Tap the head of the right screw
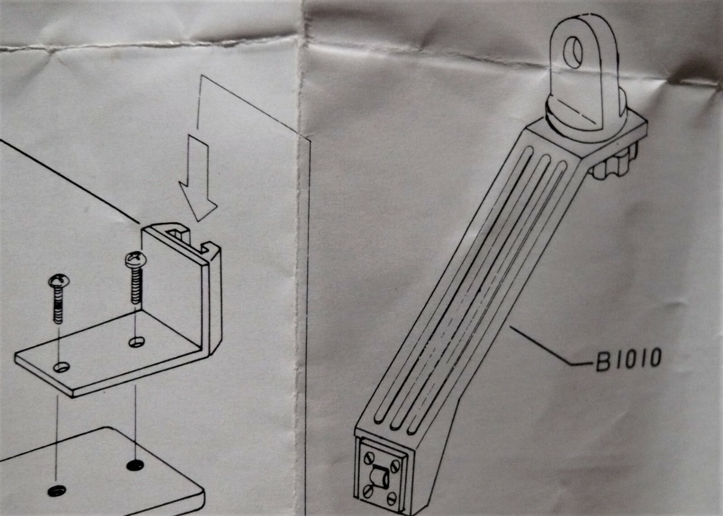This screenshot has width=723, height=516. point(134,260)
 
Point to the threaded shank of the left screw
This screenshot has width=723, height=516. point(58,305)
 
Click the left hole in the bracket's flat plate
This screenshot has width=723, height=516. point(61,367)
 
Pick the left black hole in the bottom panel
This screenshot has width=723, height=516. point(56,490)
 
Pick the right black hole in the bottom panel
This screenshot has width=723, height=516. point(134,465)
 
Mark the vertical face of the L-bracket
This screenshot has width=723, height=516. point(172,289)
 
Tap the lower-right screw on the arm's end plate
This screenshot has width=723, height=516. point(392,498)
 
